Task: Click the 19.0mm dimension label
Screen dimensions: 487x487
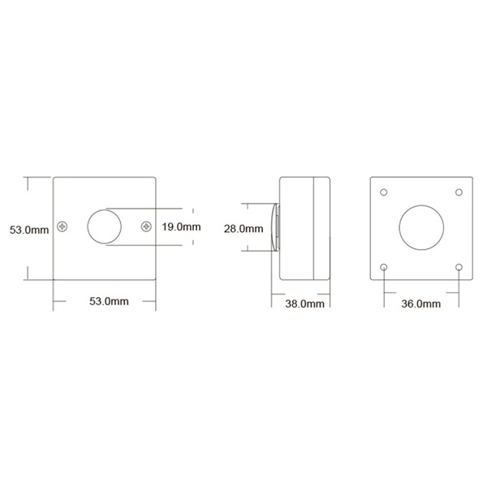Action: [x=181, y=226]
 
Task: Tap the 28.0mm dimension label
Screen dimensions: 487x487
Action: [x=243, y=229]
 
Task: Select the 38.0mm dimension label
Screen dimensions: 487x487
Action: [x=304, y=304]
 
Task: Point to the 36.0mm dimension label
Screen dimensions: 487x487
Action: [x=420, y=304]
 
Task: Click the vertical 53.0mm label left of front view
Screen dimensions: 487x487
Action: [x=29, y=230]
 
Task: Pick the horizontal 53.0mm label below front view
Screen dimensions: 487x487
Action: [x=109, y=301]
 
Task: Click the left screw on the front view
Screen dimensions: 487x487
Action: [x=62, y=226]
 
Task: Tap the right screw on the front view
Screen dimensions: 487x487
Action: [x=146, y=226]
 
